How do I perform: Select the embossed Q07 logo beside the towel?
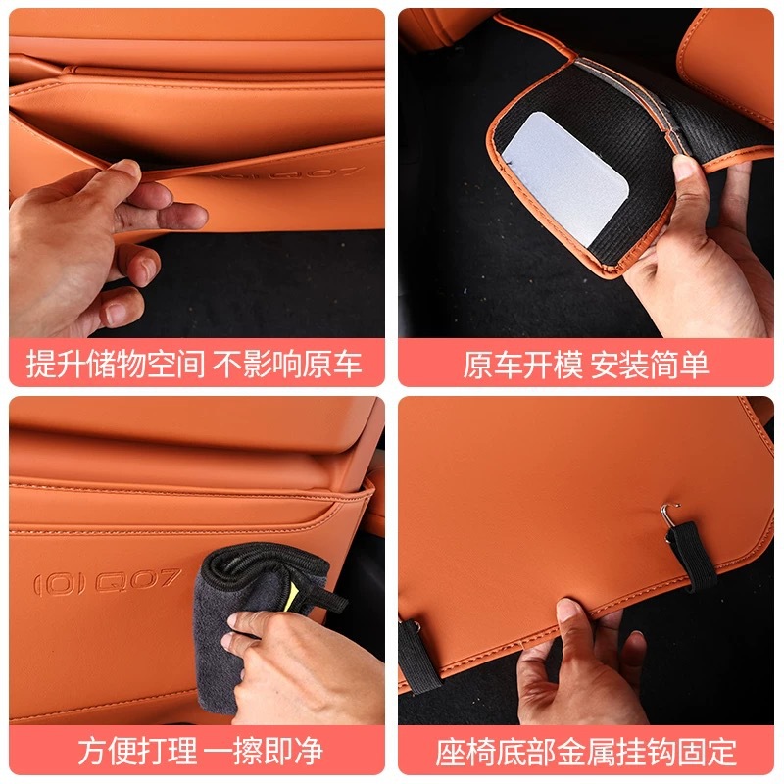click(107, 581)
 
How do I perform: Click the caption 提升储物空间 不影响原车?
click(194, 364)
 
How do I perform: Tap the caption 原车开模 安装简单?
click(585, 364)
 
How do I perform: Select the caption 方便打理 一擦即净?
click(201, 751)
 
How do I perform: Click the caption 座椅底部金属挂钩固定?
click(585, 751)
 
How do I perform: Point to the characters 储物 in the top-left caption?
click(116, 364)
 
